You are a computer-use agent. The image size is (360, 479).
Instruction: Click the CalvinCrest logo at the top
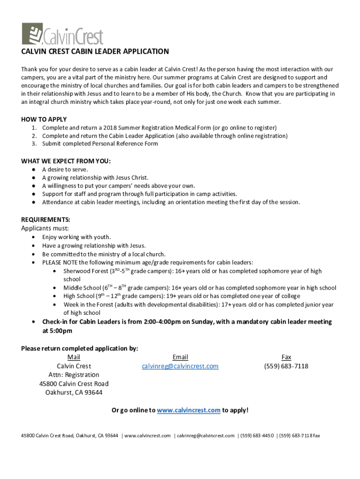pos(62,34)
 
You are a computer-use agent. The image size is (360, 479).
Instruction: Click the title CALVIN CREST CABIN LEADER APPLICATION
pos(95,51)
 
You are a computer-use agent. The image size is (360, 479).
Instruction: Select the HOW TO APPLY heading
pos(44,119)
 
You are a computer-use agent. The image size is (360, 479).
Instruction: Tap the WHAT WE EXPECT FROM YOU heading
pos(66,161)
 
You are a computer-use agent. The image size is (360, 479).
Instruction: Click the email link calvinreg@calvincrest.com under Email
pos(180,366)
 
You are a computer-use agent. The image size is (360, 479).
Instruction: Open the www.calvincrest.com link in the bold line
pos(188,410)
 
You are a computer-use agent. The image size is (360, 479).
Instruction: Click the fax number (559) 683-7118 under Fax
pos(286,366)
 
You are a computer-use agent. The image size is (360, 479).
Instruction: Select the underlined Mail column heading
pos(74,357)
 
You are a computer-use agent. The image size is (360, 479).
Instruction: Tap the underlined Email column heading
pos(180,357)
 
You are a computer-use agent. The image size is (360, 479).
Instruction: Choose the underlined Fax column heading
pos(286,357)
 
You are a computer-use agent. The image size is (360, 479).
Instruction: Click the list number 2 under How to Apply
pos(35,136)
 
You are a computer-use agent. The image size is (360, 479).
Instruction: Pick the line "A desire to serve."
pos(65,169)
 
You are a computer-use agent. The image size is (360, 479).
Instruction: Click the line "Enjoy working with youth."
pos(77,237)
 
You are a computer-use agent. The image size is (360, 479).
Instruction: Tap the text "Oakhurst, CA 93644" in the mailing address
pos(74,392)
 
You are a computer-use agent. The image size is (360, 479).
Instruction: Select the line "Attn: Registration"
pos(74,375)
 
